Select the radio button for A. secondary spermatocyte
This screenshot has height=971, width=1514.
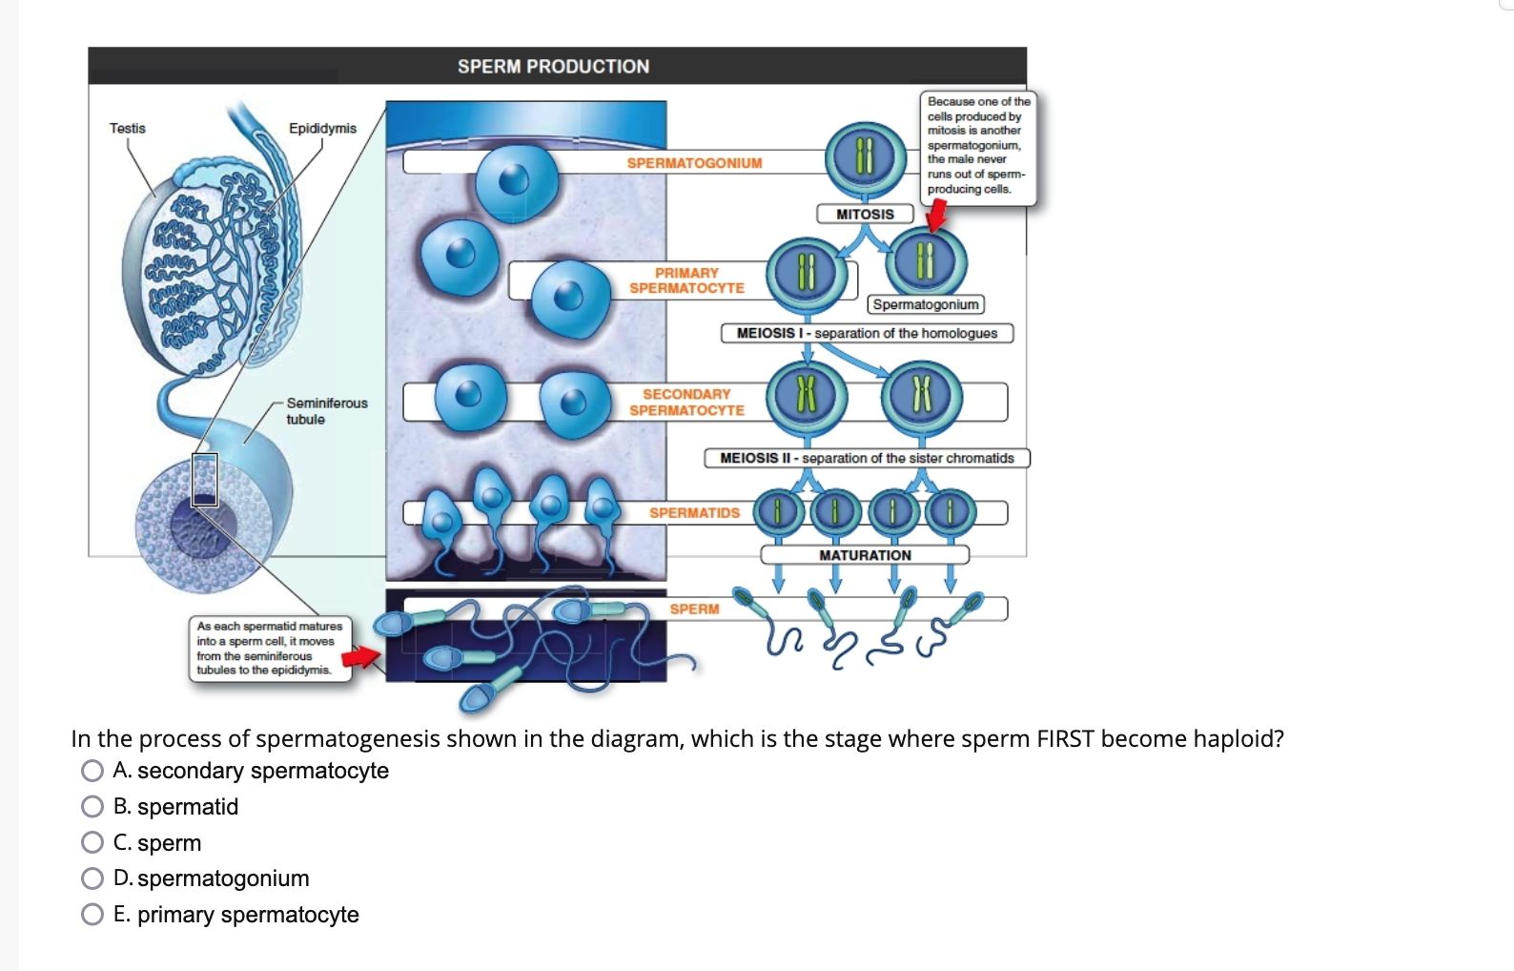click(x=92, y=771)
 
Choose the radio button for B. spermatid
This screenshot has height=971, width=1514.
click(x=92, y=807)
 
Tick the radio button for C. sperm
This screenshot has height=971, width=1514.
click(x=92, y=842)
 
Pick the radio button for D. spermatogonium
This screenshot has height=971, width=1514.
click(x=92, y=878)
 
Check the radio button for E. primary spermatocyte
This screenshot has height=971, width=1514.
click(x=92, y=915)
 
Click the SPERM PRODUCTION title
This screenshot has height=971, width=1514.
click(x=553, y=67)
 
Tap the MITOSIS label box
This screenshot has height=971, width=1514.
click(x=865, y=215)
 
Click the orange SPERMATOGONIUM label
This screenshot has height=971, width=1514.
click(x=694, y=163)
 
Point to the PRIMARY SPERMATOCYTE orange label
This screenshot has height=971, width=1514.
click(x=686, y=280)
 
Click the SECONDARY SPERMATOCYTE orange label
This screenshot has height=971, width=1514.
click(x=686, y=402)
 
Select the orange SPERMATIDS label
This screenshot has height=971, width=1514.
click(x=694, y=513)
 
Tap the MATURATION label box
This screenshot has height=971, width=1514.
click(x=865, y=555)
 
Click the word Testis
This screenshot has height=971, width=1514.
click(x=128, y=128)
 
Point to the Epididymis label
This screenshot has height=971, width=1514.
click(x=322, y=128)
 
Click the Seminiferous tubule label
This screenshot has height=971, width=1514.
click(x=326, y=411)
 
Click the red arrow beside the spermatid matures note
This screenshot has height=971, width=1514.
click(x=361, y=656)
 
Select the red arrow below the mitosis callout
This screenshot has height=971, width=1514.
click(x=937, y=217)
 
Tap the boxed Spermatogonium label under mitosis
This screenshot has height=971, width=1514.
click(x=926, y=304)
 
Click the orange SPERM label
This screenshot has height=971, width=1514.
click(x=694, y=609)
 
